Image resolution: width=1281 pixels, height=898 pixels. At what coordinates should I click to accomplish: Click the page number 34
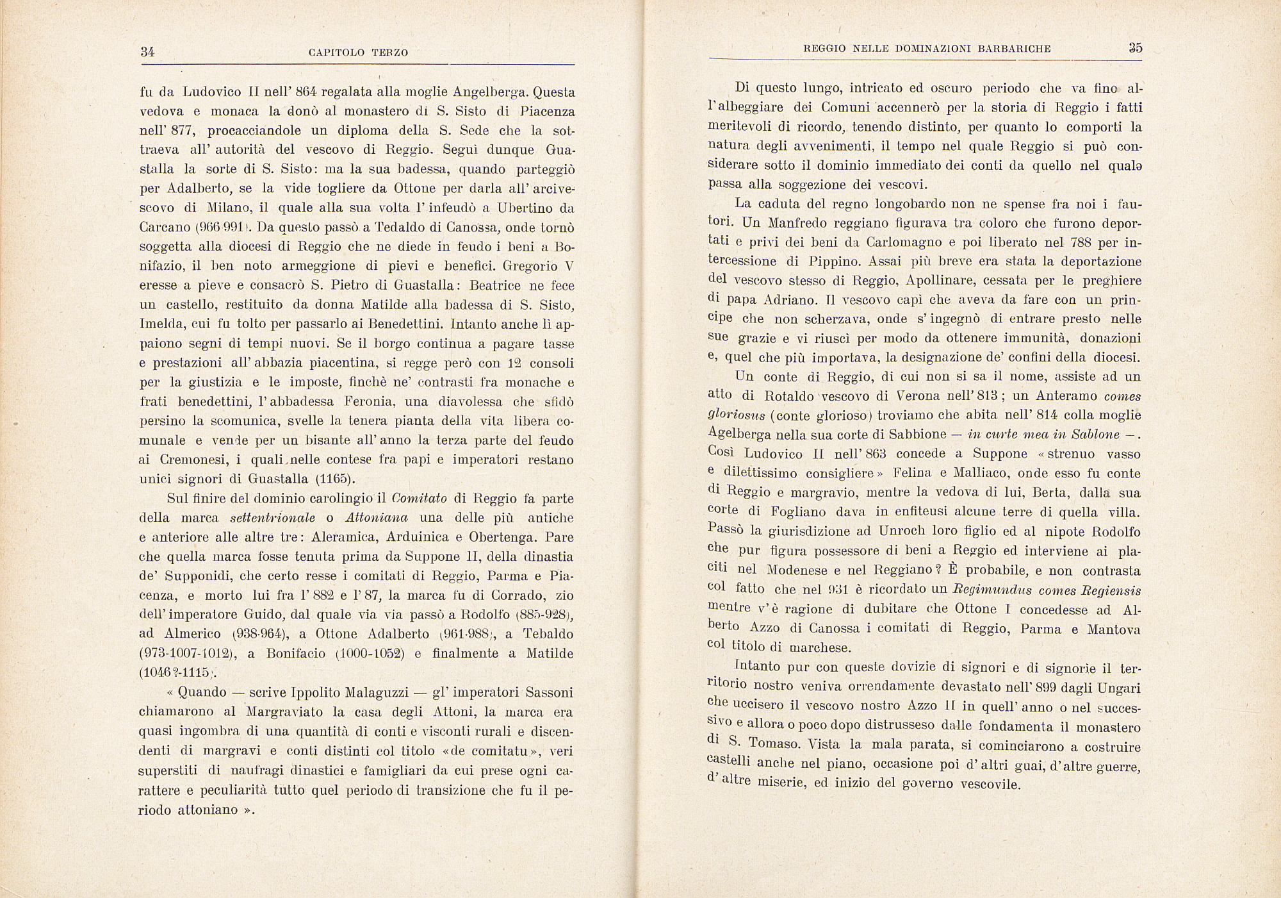point(148,53)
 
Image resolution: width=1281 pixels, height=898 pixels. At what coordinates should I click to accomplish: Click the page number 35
point(1136,48)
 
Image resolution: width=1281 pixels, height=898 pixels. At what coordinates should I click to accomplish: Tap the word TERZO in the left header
point(389,53)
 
